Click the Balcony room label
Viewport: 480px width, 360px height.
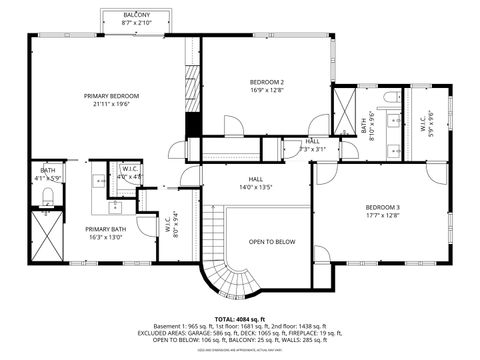coord(137,16)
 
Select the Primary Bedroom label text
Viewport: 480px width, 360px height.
coord(111,96)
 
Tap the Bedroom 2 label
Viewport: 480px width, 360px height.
coord(267,81)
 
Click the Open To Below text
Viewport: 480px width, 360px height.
coord(272,241)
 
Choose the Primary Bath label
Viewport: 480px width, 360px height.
coord(105,229)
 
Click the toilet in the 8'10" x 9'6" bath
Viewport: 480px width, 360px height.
coord(387,96)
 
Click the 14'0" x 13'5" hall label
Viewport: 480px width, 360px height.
coord(256,182)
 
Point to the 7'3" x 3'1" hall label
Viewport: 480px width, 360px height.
coord(314,144)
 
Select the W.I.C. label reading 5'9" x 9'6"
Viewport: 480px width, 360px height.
coord(427,125)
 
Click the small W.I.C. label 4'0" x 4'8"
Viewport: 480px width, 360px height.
coord(130,172)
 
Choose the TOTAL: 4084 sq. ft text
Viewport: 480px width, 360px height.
coord(239,317)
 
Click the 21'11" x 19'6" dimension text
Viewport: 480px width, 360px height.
coord(111,103)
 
